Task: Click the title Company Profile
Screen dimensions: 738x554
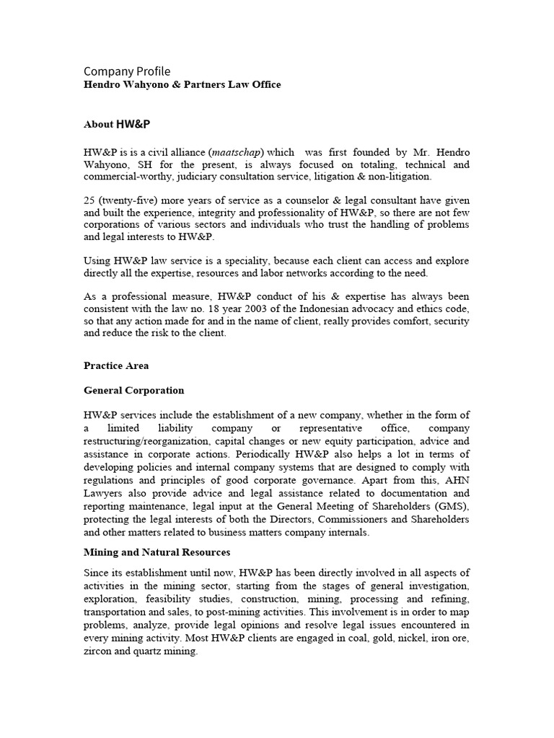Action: click(x=127, y=71)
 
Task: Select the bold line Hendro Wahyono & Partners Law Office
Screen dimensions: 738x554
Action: click(x=182, y=85)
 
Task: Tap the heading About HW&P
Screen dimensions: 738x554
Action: click(x=117, y=124)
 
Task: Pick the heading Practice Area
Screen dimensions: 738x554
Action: click(x=116, y=365)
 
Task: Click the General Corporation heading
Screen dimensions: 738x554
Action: click(x=133, y=391)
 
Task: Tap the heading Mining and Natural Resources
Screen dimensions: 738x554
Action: click(x=157, y=552)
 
